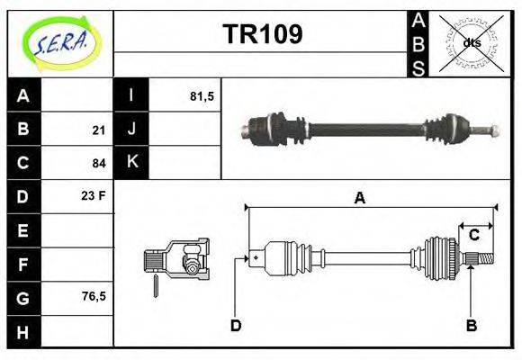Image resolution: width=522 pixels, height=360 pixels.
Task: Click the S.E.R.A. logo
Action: (59, 42)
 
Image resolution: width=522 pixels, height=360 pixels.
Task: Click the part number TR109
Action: (262, 34)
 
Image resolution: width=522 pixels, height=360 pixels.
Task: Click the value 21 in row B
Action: (98, 130)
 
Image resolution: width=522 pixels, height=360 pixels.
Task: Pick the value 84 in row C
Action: (98, 163)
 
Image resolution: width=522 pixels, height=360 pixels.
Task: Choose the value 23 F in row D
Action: (94, 194)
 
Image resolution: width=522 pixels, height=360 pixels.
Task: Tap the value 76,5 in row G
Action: (94, 295)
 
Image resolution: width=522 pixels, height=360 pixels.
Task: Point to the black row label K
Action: (131, 163)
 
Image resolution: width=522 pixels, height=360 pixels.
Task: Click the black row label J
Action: (131, 130)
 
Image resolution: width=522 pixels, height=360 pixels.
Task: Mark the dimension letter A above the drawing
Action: (359, 200)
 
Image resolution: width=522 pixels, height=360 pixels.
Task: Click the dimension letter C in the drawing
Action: (473, 235)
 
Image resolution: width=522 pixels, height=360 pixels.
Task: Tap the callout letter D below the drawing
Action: (236, 325)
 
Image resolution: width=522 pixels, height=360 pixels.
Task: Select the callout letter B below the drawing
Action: (470, 325)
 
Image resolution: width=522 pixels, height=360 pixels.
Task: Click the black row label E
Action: (23, 230)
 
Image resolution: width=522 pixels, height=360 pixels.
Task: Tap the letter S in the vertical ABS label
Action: (418, 67)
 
